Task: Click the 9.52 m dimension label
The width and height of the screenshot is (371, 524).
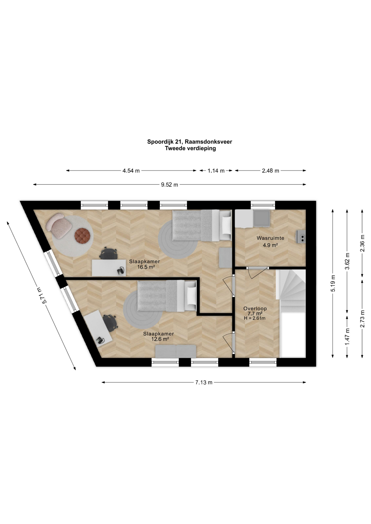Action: [169, 185]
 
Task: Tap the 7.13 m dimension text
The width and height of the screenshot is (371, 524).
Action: [204, 382]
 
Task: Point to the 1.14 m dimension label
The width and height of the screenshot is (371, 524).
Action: [216, 171]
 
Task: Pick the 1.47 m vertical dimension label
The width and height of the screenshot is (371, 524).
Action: [347, 336]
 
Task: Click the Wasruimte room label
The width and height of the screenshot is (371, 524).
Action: [270, 238]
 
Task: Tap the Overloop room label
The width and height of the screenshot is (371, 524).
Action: [255, 309]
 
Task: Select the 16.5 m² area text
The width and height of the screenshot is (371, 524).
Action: [146, 267]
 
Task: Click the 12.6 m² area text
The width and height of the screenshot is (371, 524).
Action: [160, 339]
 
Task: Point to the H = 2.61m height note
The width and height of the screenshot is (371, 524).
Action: [255, 318]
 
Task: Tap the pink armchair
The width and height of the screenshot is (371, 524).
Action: [59, 225]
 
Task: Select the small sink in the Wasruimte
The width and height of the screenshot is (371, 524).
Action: [301, 236]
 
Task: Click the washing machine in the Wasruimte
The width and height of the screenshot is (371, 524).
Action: [261, 218]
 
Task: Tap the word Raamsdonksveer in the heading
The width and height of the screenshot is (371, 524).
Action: [208, 142]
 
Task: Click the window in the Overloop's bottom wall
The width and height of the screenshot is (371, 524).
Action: [263, 362]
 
